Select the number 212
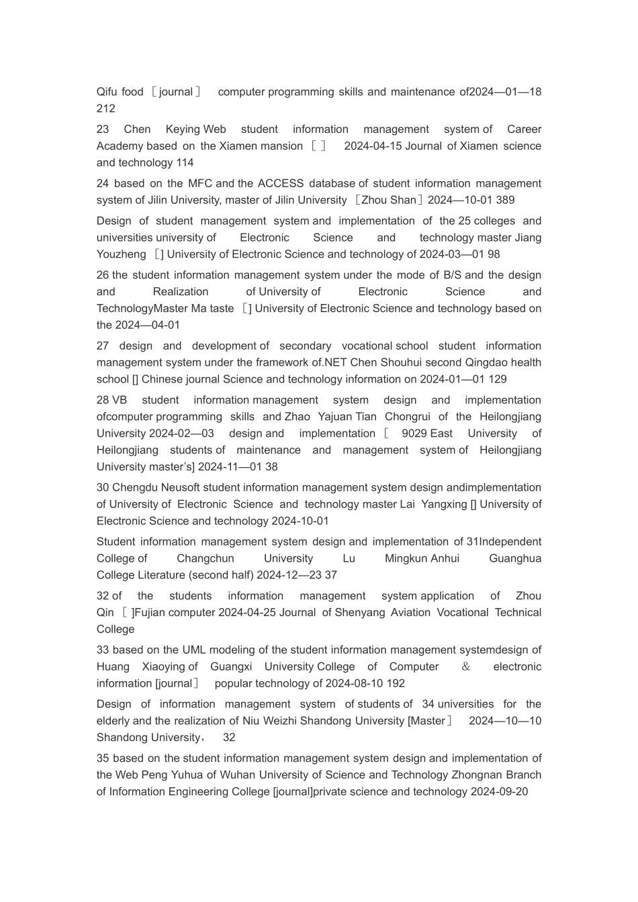coord(106,109)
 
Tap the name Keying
coord(183,130)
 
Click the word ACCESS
coord(280,184)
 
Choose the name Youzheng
coord(122,254)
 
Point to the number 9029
coord(414,434)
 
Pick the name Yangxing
coord(444,505)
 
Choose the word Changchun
coord(206,558)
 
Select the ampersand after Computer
coord(466,667)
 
